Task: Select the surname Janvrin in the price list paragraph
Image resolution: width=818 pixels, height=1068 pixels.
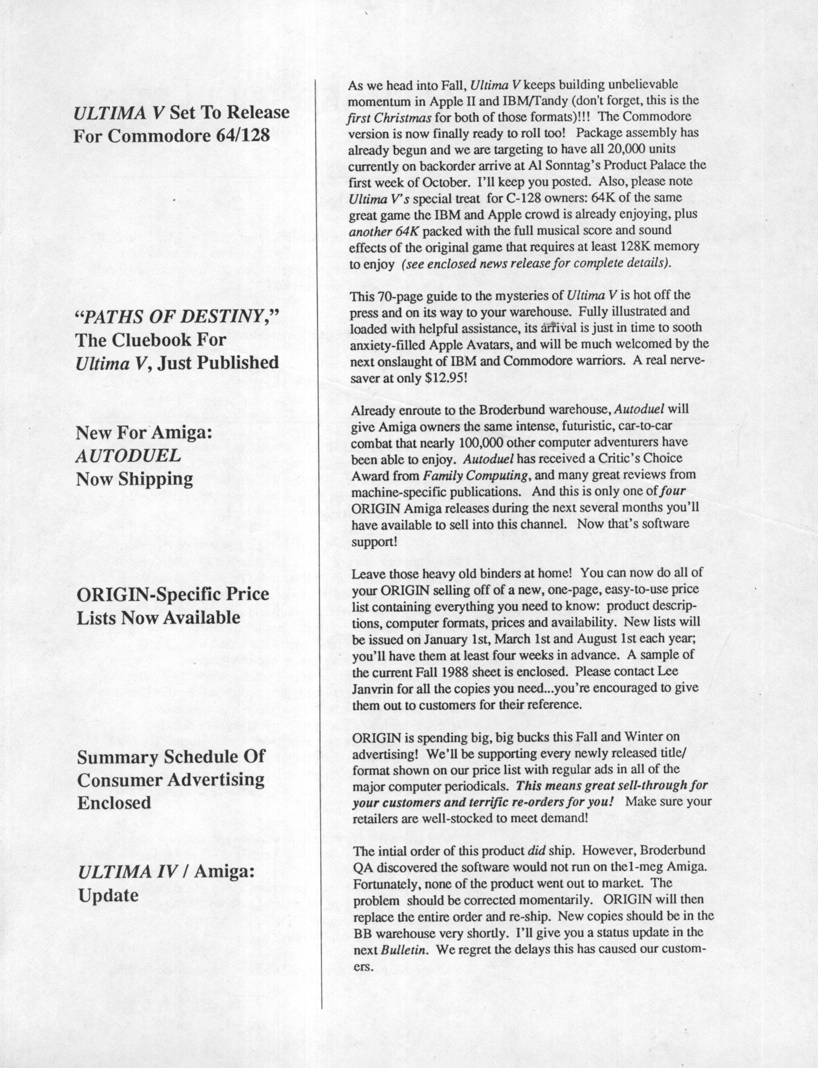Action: click(x=374, y=688)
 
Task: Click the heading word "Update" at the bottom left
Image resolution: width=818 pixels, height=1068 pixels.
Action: click(x=108, y=895)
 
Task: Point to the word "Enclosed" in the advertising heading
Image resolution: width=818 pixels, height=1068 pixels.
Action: click(x=114, y=802)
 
